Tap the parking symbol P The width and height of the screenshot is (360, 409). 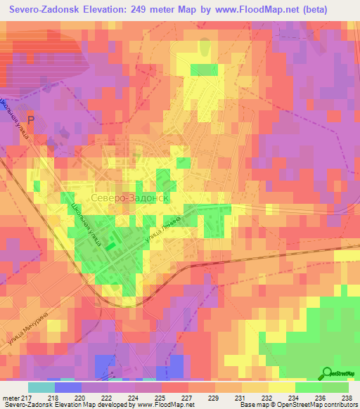[x=30, y=120]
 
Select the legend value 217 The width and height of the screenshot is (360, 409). [x=27, y=397]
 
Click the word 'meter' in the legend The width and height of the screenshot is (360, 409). [x=10, y=397]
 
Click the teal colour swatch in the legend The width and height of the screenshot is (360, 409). [x=41, y=387]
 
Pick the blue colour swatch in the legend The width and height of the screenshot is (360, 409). [x=68, y=387]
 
